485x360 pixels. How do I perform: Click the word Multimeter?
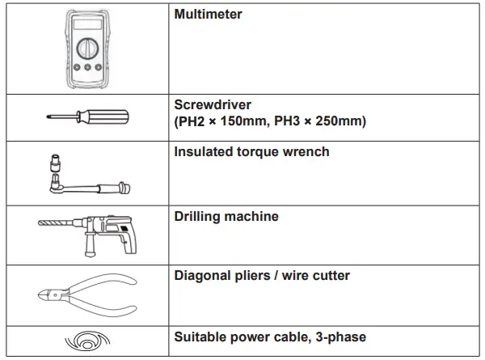click(208, 15)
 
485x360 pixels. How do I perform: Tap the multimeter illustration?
click(86, 49)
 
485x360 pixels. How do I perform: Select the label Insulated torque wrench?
click(251, 151)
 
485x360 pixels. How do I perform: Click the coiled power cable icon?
click(86, 341)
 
